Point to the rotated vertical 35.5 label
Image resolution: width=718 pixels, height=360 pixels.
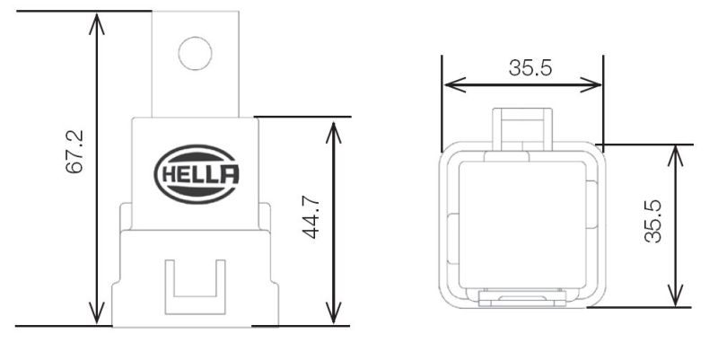[x=653, y=221]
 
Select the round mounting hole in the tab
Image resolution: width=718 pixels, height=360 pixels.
[x=195, y=51]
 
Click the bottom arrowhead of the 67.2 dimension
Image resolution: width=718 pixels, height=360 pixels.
[x=97, y=316]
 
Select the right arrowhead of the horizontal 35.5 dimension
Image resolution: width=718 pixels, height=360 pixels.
[x=595, y=85]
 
